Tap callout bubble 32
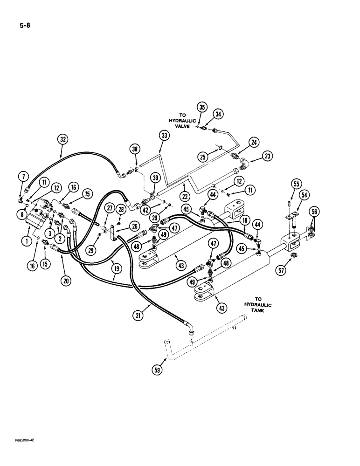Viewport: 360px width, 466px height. [63, 138]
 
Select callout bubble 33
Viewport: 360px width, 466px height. [164, 136]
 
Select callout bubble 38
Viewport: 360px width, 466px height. [135, 149]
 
